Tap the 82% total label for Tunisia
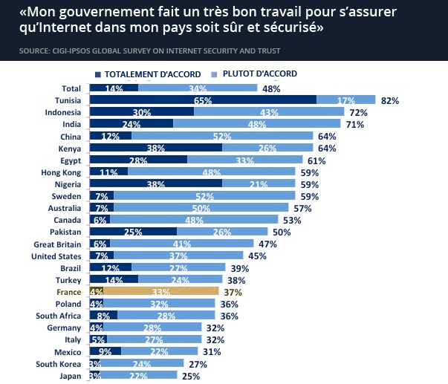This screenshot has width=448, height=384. tap(369, 100)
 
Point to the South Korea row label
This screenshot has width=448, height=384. tap(59, 363)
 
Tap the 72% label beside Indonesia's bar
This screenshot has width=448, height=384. tap(359, 112)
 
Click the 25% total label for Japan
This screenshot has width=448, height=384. tap(192, 376)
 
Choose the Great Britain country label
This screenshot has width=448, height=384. tap(58, 244)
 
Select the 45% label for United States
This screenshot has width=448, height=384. tap(258, 256)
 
